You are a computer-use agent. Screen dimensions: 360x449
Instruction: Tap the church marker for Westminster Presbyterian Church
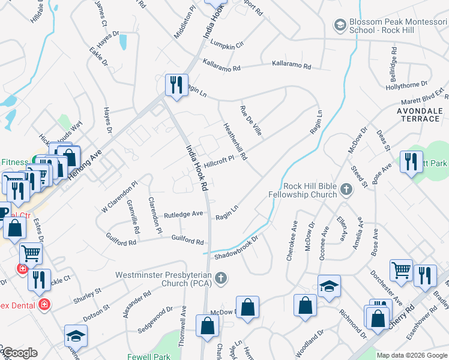click(221, 278)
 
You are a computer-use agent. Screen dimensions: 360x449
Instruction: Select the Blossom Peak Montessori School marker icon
click(340, 25)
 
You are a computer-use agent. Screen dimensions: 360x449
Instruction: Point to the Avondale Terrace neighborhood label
click(419, 115)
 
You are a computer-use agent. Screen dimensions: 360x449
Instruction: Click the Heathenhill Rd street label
click(235, 138)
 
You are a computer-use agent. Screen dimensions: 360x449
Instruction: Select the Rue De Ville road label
click(251, 120)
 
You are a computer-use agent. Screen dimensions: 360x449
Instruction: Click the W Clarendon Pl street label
click(119, 197)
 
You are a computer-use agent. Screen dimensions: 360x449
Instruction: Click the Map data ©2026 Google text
click(412, 355)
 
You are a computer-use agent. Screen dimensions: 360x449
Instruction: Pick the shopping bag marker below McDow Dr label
click(207, 327)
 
